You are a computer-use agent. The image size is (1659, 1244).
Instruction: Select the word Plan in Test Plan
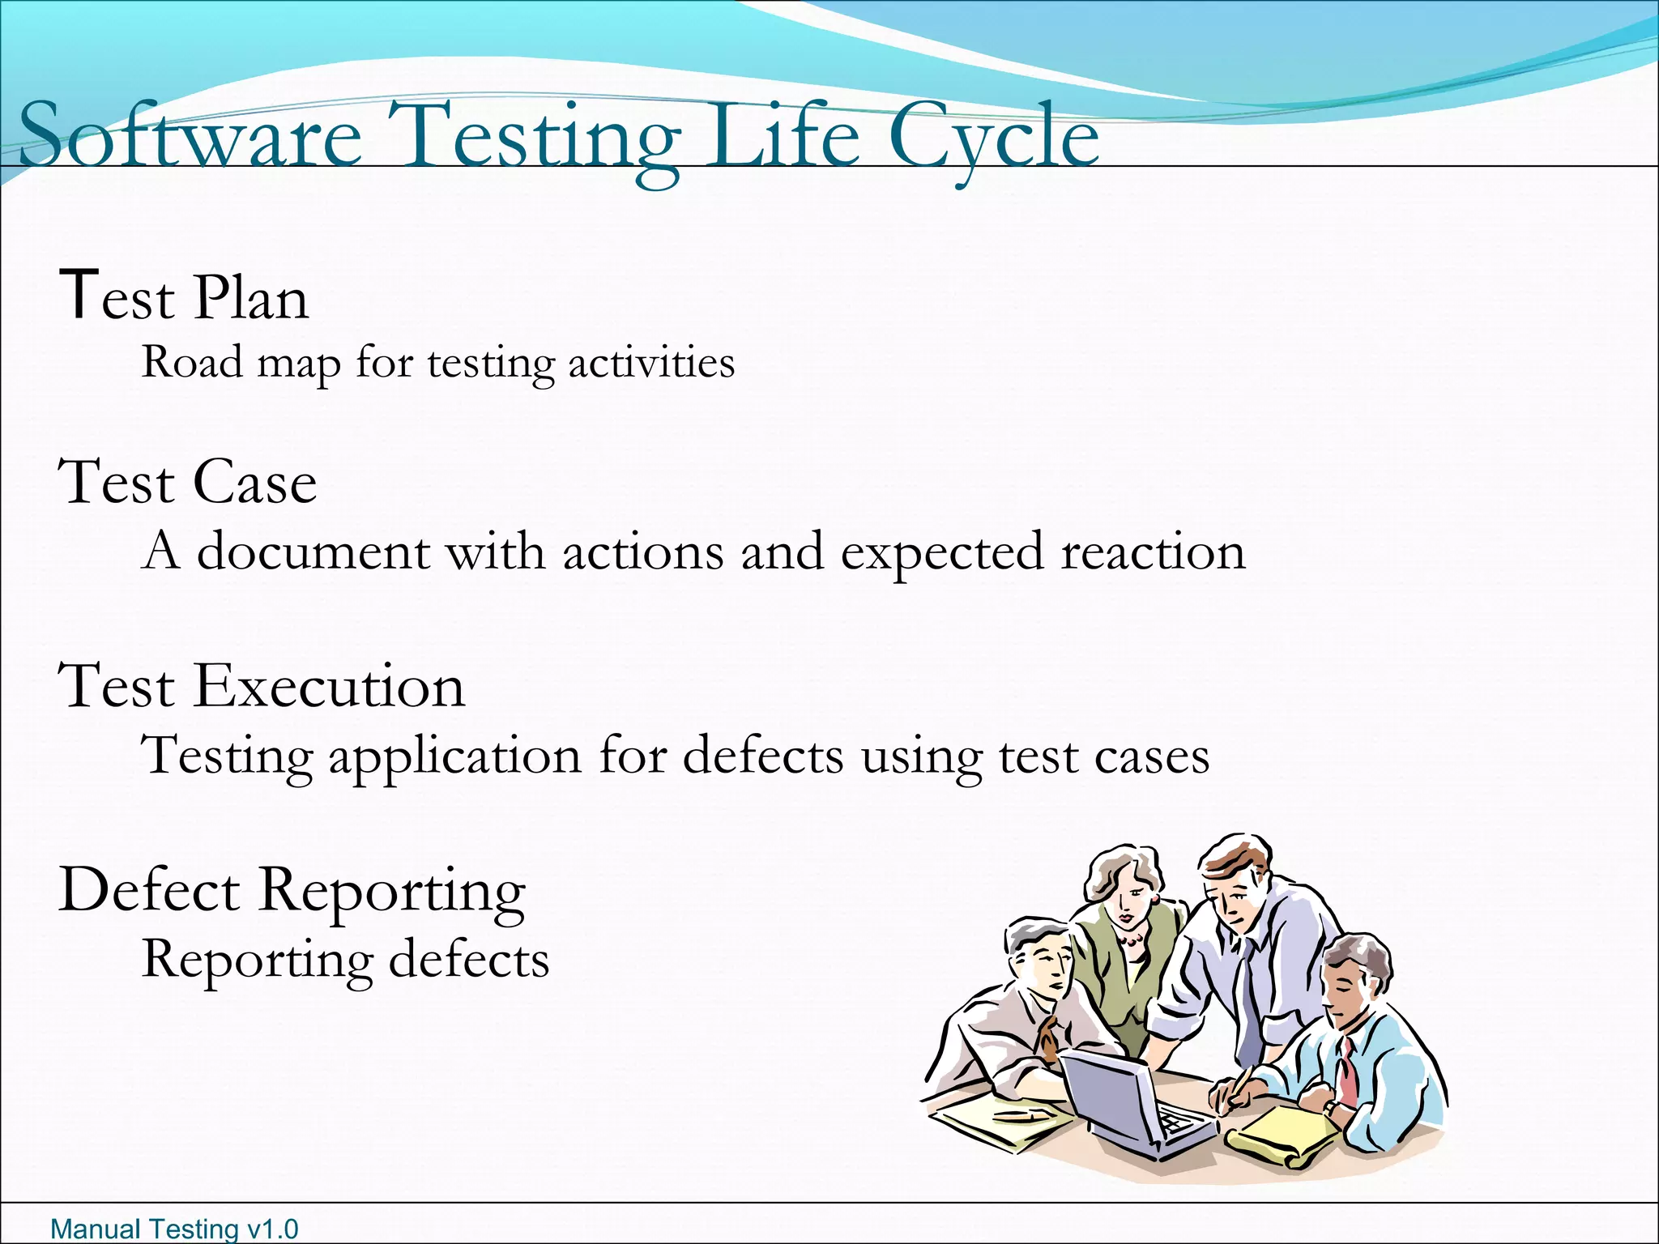pyautogui.click(x=251, y=298)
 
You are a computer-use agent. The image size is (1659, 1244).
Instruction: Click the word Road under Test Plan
pyautogui.click(x=192, y=362)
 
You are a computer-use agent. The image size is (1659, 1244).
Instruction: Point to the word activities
pyautogui.click(x=651, y=362)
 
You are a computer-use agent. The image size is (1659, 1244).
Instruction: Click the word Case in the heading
pyautogui.click(x=254, y=483)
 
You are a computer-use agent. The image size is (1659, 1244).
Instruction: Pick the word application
pyautogui.click(x=454, y=756)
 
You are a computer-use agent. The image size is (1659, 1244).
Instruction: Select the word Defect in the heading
pyautogui.click(x=149, y=891)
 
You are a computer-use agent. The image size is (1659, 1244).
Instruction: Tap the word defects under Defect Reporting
pyautogui.click(x=469, y=961)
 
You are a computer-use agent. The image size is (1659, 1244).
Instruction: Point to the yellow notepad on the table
pyautogui.click(x=1280, y=1134)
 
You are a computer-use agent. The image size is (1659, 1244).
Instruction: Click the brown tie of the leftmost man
pyautogui.click(x=1048, y=1040)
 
